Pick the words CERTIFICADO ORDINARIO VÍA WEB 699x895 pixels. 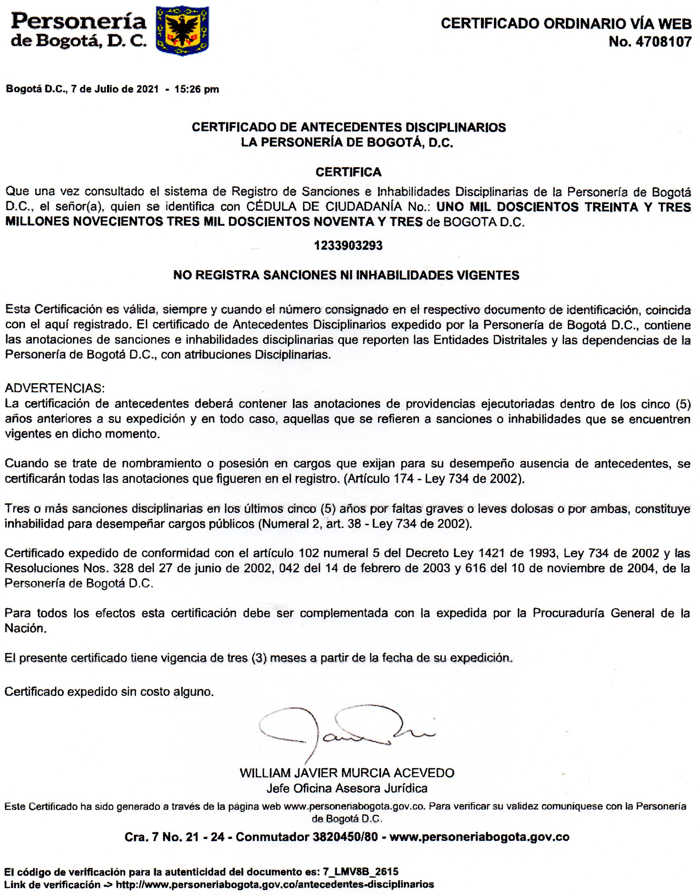[566, 24]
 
